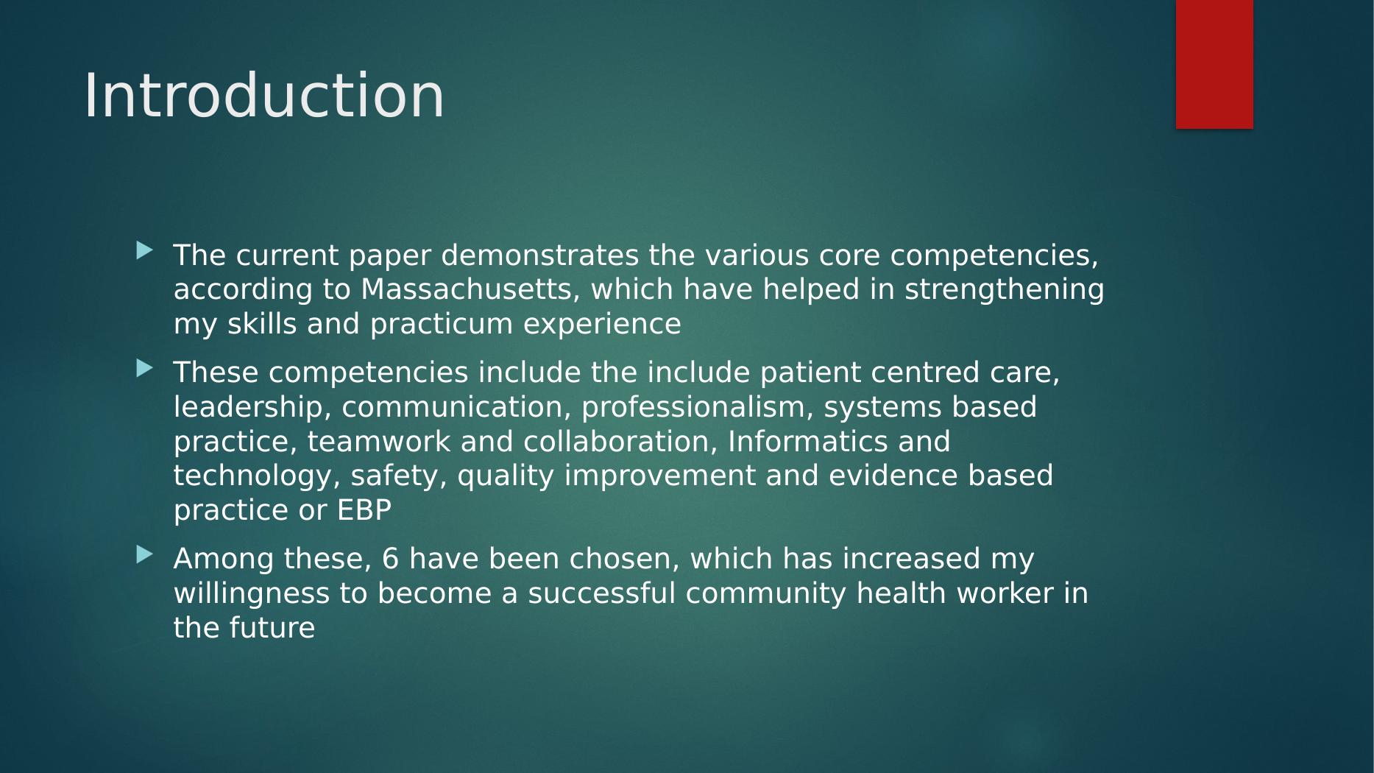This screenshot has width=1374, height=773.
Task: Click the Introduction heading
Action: tap(264, 96)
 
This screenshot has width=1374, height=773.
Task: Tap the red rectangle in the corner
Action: tap(1214, 64)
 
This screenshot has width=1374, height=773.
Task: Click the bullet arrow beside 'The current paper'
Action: tap(144, 251)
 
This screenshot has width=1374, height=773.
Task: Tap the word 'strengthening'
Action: tap(1005, 291)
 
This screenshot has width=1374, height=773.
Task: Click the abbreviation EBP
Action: tap(364, 510)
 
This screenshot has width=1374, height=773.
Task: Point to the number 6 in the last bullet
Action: tap(390, 559)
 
